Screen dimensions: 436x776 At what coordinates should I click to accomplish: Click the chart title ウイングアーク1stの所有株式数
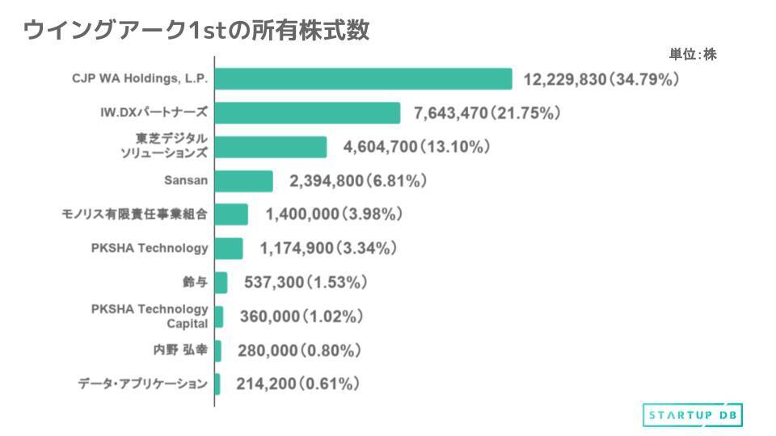point(196,30)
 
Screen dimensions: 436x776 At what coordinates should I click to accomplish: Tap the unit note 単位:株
point(692,55)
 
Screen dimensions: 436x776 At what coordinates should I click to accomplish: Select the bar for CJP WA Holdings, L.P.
point(364,79)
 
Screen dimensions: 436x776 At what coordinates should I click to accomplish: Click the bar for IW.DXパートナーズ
point(308,113)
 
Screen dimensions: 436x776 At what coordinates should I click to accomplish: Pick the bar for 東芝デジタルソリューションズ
point(272,147)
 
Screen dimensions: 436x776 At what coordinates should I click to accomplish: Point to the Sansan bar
point(244,181)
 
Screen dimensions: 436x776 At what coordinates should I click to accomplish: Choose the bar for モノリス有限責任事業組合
point(232,214)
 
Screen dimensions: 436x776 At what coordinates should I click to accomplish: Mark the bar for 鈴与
point(221,283)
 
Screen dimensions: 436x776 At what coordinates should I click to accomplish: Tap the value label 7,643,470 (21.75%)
point(487,113)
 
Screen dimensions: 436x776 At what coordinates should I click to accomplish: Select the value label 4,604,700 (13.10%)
point(417,147)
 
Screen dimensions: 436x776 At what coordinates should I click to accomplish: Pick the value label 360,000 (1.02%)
point(301,317)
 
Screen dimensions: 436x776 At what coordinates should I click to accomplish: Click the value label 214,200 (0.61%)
point(297,384)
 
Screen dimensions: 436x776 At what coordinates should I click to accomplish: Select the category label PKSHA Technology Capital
point(150,317)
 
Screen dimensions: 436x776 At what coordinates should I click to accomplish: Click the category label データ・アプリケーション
point(143,384)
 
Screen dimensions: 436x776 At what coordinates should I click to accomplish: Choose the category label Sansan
point(186,181)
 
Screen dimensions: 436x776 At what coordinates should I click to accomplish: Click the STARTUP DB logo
point(693,414)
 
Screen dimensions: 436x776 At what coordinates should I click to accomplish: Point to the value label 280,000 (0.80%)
point(299,350)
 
